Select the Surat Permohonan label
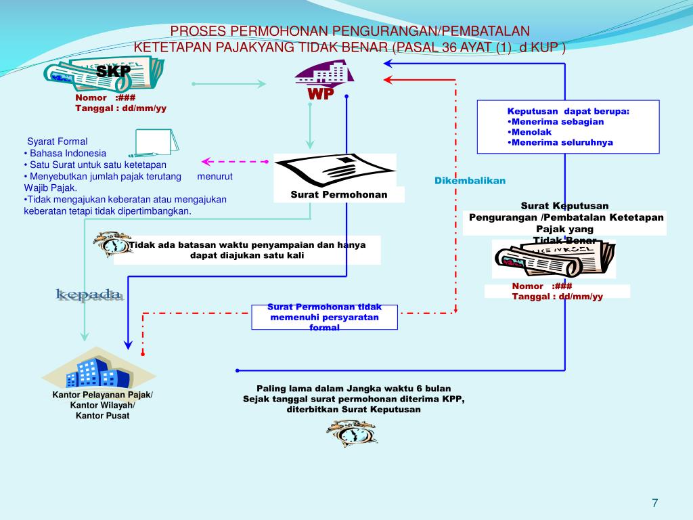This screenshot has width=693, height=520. (339, 195)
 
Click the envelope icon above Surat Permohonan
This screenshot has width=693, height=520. (335, 169)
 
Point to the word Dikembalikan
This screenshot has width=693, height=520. (470, 181)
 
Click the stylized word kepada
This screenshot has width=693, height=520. (89, 295)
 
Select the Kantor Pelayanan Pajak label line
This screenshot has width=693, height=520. (103, 395)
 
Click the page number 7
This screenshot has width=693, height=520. (654, 503)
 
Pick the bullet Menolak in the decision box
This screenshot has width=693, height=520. (531, 132)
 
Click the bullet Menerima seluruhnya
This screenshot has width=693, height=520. (562, 143)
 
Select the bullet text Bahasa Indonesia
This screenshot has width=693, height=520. (68, 153)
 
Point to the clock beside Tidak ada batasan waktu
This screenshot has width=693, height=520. (112, 244)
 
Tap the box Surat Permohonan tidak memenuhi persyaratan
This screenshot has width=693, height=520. (324, 317)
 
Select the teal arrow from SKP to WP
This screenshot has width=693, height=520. (229, 84)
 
